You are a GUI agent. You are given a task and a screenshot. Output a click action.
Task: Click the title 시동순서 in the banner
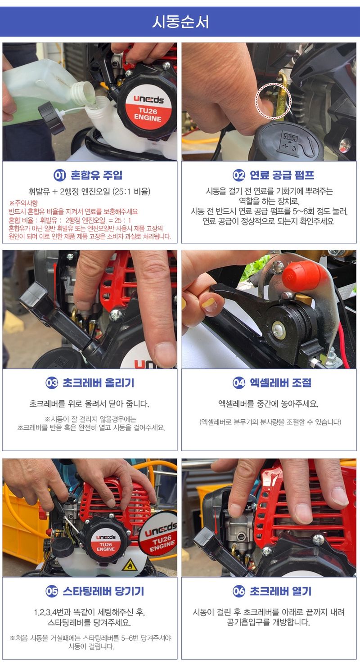(x=180, y=22)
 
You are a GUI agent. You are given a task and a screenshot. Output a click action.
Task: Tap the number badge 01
(x=60, y=175)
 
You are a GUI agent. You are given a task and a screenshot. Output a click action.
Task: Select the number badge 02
(x=238, y=175)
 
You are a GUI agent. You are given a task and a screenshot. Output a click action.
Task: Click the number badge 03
(x=52, y=383)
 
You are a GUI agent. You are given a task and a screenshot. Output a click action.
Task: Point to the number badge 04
(x=238, y=383)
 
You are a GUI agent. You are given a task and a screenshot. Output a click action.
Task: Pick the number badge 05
(x=52, y=591)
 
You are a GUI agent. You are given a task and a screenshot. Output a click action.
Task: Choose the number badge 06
(x=238, y=591)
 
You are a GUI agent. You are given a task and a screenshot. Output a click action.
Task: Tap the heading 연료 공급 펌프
(x=282, y=175)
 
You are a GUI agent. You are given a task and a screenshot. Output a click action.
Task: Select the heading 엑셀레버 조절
(x=281, y=383)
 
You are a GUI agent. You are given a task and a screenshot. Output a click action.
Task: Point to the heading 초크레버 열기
(x=281, y=591)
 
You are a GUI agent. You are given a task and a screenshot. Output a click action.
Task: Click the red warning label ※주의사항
(x=23, y=203)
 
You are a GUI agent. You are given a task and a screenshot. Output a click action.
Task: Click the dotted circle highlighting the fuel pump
(x=274, y=101)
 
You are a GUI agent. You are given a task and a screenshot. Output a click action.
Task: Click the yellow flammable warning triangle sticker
(x=130, y=565)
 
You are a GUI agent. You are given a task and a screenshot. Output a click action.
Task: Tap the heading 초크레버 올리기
(x=98, y=383)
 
